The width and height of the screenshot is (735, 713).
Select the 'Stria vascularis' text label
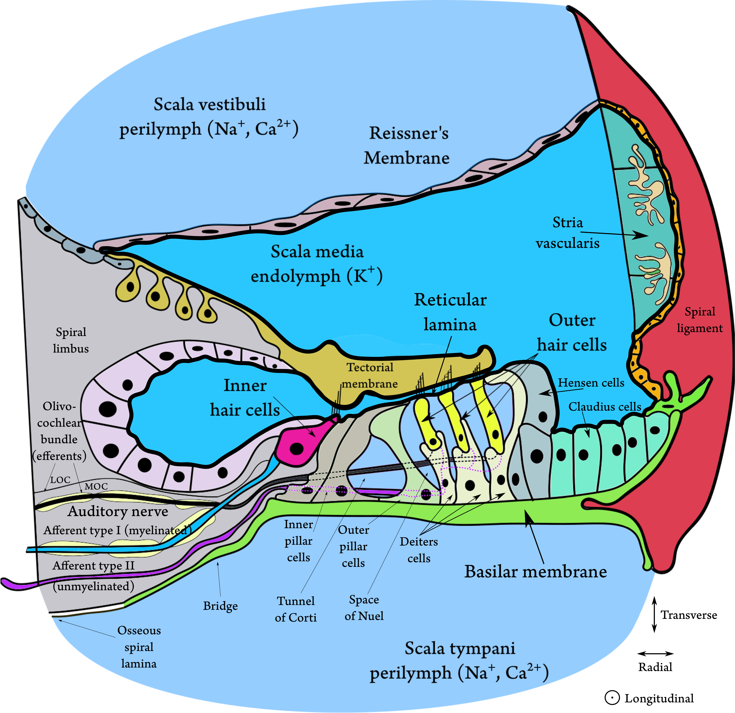(x=567, y=233)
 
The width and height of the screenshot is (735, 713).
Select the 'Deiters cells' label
(x=419, y=550)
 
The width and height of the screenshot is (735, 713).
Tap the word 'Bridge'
(x=221, y=606)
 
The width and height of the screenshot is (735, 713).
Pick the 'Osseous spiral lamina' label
(x=139, y=647)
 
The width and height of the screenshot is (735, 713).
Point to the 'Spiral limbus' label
(x=71, y=340)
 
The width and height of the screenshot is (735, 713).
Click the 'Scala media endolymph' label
(x=317, y=264)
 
